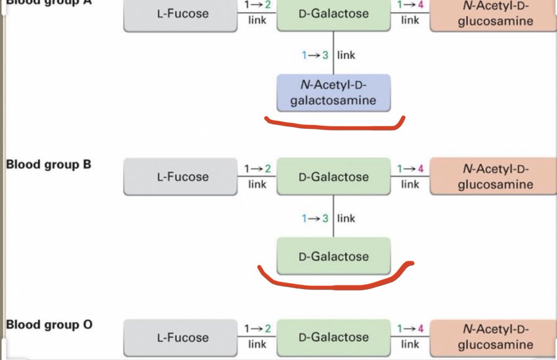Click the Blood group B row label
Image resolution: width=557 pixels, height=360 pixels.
(x=48, y=165)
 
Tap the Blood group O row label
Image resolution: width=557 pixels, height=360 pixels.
(x=49, y=325)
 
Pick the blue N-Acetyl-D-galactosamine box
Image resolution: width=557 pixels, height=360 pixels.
(x=333, y=93)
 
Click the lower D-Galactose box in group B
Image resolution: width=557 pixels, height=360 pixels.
(x=333, y=256)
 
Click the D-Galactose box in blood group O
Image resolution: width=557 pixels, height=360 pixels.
(x=333, y=337)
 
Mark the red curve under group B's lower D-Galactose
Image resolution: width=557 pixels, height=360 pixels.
(x=333, y=283)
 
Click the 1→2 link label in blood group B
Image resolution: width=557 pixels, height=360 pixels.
(x=257, y=176)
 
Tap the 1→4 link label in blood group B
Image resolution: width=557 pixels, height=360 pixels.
(x=410, y=176)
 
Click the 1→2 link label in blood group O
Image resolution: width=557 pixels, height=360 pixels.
(x=257, y=337)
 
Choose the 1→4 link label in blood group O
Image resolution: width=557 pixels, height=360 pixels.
(x=410, y=337)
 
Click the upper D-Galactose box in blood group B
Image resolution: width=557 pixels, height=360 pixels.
(x=333, y=177)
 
